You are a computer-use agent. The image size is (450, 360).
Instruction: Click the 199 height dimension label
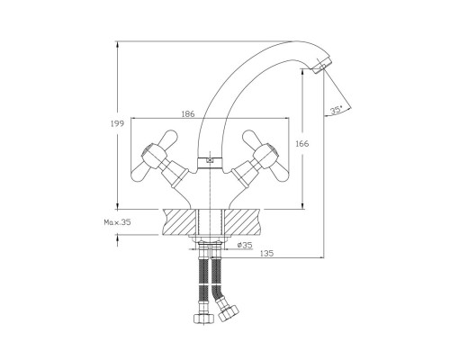coord(117,123)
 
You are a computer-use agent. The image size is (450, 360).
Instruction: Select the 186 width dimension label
coord(188,114)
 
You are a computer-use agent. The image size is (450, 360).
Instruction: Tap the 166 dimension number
coord(302,144)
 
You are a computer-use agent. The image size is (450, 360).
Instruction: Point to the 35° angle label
coord(336,110)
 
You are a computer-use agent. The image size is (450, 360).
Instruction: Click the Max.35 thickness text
coord(117,222)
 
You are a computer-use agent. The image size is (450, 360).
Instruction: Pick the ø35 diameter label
coord(245,245)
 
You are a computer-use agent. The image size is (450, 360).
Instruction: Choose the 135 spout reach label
coord(266,254)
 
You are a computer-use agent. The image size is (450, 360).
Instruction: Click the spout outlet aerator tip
coord(321,66)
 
